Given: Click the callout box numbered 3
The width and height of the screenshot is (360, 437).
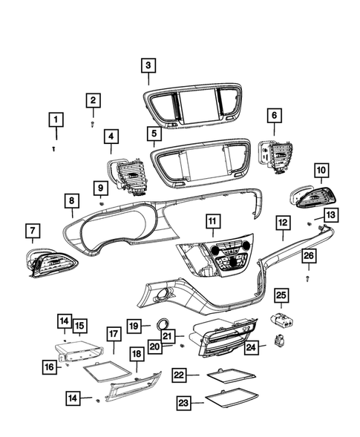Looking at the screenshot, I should pos(148,65).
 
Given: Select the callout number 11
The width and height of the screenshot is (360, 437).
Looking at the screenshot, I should pos(212,221).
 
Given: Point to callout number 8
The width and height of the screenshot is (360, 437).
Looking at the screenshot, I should pos(71,200).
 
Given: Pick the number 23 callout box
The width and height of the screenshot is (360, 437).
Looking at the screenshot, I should pos(183,402).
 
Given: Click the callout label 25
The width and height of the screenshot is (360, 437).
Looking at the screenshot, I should pos(281,295).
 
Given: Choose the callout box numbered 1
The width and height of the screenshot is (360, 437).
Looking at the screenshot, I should pos(56,119).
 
